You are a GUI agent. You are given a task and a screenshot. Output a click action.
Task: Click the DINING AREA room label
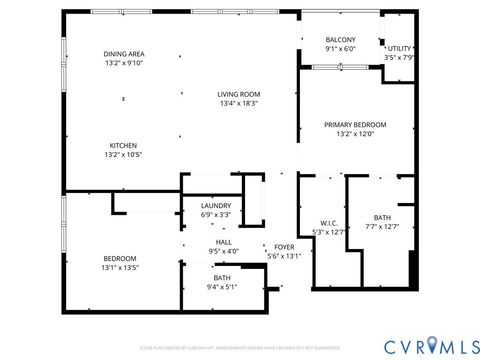124,54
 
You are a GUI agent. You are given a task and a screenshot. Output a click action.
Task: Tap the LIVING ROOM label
239,94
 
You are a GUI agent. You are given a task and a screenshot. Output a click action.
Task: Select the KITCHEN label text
123,145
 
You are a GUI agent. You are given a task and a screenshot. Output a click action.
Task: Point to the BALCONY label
340,40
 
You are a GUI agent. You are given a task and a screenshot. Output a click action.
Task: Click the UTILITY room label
399,48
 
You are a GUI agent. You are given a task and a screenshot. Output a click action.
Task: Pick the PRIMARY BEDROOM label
354,124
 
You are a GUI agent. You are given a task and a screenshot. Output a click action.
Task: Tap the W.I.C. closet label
329,223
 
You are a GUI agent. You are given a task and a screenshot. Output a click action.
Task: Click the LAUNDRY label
216,206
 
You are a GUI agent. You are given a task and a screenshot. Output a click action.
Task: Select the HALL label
224,242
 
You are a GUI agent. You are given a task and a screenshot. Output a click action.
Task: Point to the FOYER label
284,246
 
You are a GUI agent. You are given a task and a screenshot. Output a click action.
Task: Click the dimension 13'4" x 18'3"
239,103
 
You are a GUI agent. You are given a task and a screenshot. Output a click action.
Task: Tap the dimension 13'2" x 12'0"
354,134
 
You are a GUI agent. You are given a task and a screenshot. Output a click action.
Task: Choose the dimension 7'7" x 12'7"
382,226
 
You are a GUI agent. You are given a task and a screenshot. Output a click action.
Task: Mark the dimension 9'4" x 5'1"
222,287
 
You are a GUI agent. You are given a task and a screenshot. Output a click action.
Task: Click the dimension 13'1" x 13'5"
119,268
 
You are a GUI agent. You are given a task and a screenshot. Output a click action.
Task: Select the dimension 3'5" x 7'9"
399,57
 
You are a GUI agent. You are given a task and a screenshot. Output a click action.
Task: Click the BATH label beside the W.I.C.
382,217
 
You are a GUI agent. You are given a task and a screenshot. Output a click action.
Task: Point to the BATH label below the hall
222,278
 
